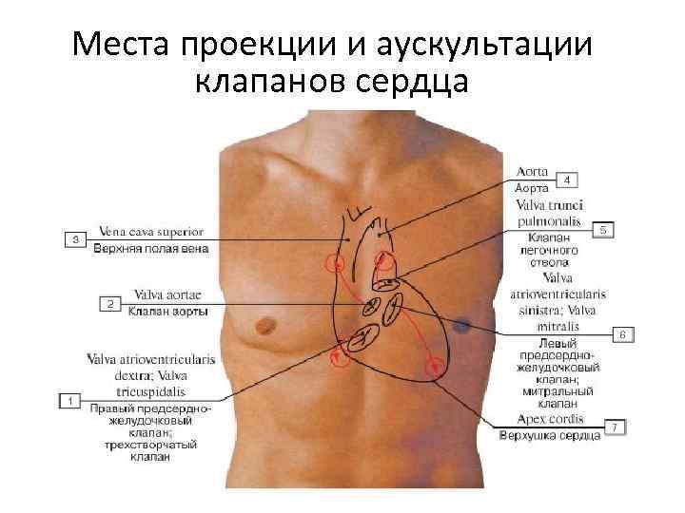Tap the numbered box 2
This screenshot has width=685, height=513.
[x=109, y=304]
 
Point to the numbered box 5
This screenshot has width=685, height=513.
[x=604, y=229]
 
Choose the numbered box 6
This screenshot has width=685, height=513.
[x=622, y=334]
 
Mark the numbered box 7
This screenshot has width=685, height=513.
[x=616, y=427]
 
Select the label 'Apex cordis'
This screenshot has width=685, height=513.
[x=548, y=418]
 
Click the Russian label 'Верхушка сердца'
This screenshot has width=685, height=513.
[x=550, y=436]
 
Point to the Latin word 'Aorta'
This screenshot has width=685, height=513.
[x=532, y=172]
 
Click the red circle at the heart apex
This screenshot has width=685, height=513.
[x=437, y=364]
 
